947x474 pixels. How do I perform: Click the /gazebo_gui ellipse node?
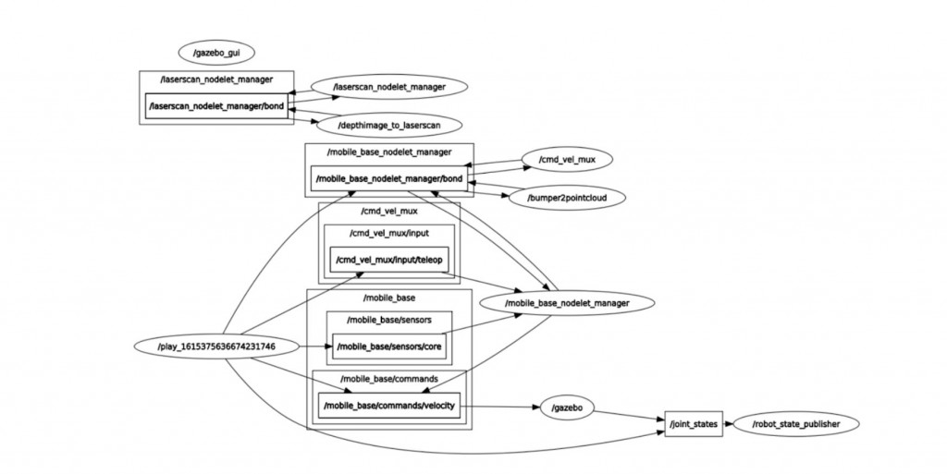pyautogui.click(x=216, y=54)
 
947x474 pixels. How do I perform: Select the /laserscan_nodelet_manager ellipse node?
pyautogui.click(x=388, y=86)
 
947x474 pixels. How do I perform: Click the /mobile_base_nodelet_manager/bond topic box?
pyautogui.click(x=388, y=178)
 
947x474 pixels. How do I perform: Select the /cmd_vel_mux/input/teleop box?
pyautogui.click(x=389, y=261)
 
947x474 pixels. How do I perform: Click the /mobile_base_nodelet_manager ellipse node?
pyautogui.click(x=568, y=302)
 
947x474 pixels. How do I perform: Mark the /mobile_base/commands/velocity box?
pyautogui.click(x=388, y=405)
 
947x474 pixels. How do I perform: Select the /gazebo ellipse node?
pyautogui.click(x=566, y=407)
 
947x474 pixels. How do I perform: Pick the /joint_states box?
pyautogui.click(x=693, y=424)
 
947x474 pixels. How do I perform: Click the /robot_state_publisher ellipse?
pyautogui.click(x=793, y=424)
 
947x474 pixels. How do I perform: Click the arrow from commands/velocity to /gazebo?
pyautogui.click(x=499, y=406)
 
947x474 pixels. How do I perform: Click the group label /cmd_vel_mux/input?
pyautogui.click(x=388, y=233)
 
